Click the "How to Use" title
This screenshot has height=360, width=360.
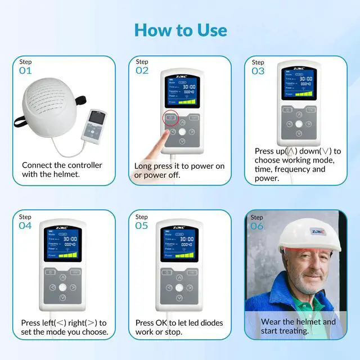179,29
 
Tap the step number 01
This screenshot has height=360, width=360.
26,71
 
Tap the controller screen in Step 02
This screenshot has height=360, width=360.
181,90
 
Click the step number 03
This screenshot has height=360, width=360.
258,71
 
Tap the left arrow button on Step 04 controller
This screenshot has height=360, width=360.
52,287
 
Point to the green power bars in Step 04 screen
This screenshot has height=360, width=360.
69,254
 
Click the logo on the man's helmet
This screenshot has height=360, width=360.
317,231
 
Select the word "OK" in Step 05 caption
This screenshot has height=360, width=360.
163,323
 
